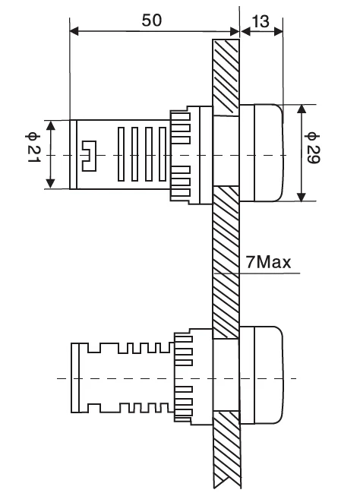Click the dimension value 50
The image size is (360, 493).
(x=152, y=21)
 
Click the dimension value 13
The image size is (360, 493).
(x=261, y=21)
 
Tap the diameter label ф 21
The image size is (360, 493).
(x=33, y=147)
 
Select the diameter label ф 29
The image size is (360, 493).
(x=312, y=148)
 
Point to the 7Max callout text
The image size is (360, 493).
(x=268, y=262)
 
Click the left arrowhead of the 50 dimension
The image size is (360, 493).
(x=74, y=31)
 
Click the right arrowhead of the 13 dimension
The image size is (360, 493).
(x=278, y=31)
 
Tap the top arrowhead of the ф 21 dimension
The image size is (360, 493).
(x=51, y=125)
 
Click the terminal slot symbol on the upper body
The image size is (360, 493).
(x=89, y=156)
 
